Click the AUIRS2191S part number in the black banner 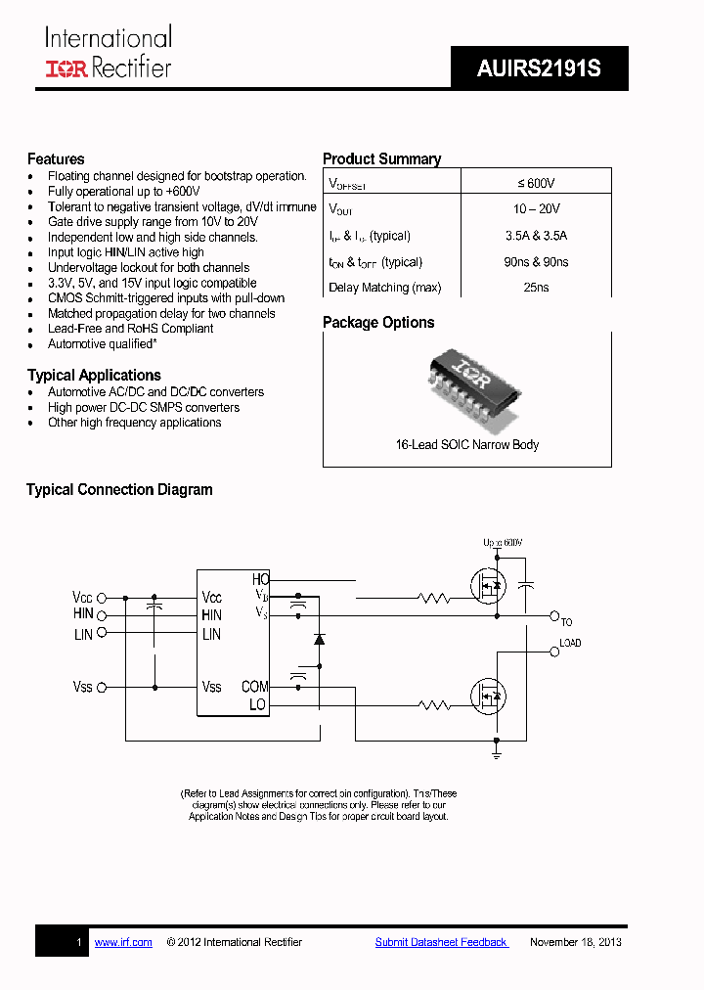539,69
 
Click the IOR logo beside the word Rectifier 66,67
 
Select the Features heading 56,159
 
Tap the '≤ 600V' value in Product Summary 536,183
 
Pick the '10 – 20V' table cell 536,209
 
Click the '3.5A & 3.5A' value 536,236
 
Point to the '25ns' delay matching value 536,288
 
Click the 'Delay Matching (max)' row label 384,288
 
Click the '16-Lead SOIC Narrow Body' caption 466,444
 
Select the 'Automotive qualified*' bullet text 102,344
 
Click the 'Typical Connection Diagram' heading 119,490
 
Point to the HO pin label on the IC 260,579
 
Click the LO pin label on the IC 257,704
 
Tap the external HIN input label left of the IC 83,614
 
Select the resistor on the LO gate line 432,704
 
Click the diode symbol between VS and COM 319,639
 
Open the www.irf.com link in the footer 123,942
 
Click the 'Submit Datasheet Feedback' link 441,942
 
